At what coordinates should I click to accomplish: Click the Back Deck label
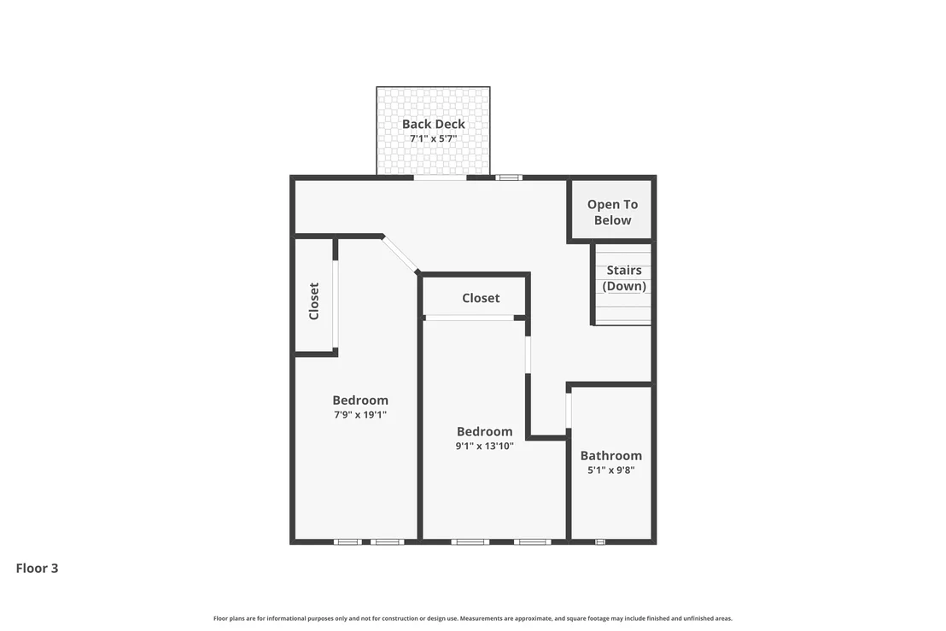(x=433, y=124)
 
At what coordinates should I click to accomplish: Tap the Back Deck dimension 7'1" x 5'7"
(x=433, y=138)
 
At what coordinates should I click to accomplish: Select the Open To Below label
(x=612, y=213)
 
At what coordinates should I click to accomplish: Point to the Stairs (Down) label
(x=624, y=278)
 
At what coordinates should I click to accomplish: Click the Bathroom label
(x=611, y=455)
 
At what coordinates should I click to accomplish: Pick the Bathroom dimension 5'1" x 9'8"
(x=611, y=470)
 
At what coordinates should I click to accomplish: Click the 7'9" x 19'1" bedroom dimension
(x=360, y=414)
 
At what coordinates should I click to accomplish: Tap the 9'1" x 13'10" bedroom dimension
(x=484, y=446)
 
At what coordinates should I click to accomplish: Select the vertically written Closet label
(x=313, y=301)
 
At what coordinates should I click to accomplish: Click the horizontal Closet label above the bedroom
(x=481, y=298)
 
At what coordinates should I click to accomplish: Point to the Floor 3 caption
(x=37, y=569)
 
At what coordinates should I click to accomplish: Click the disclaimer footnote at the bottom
(x=473, y=618)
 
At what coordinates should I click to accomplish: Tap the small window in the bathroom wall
(x=599, y=541)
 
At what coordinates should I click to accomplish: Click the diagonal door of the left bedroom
(x=400, y=254)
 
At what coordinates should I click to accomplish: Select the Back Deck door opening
(x=440, y=178)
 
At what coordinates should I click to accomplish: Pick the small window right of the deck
(x=509, y=178)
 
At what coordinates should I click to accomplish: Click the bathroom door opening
(x=569, y=411)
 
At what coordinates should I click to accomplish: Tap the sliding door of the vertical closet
(x=335, y=304)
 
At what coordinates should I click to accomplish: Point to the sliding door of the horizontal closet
(x=470, y=318)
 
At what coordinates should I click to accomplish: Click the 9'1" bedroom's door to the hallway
(x=528, y=354)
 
